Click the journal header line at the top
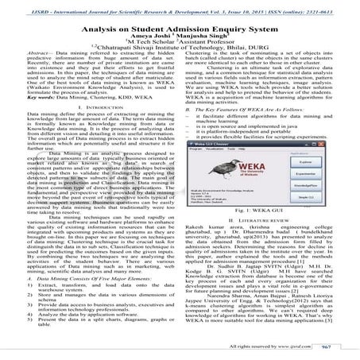click(180, 6)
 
